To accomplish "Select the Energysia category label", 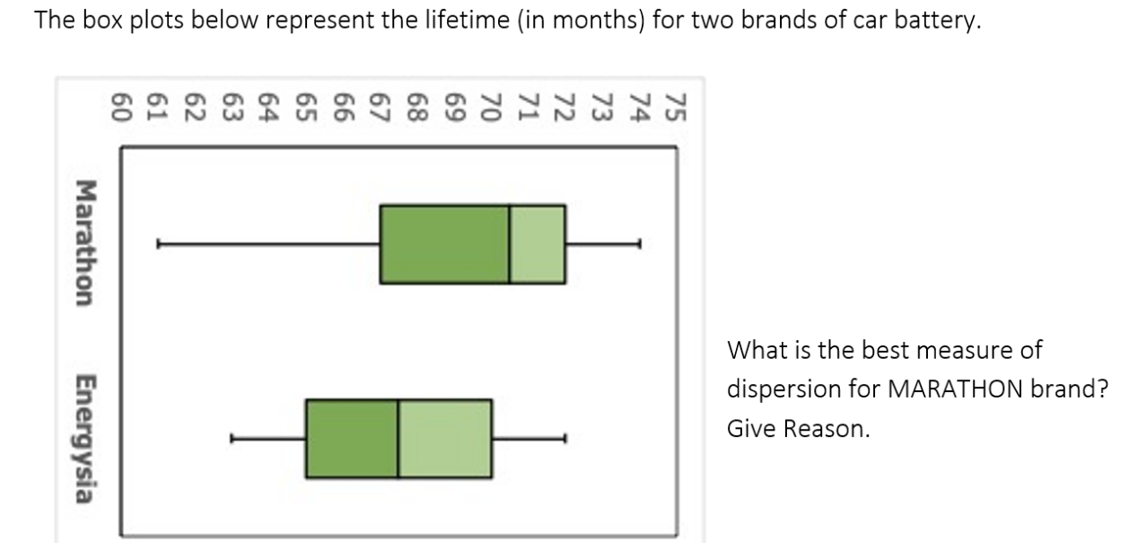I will coord(85,439).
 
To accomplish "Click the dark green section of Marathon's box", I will coord(444,244).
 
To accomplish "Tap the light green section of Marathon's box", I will coord(538,244).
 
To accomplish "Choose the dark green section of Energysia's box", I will coord(351,439).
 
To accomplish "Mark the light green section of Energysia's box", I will coord(445,439).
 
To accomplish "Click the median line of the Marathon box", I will coord(510,244).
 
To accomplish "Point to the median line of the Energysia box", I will coord(398,439).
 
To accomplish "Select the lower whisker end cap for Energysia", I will coord(232,439).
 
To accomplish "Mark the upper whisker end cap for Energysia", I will coord(565,439).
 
